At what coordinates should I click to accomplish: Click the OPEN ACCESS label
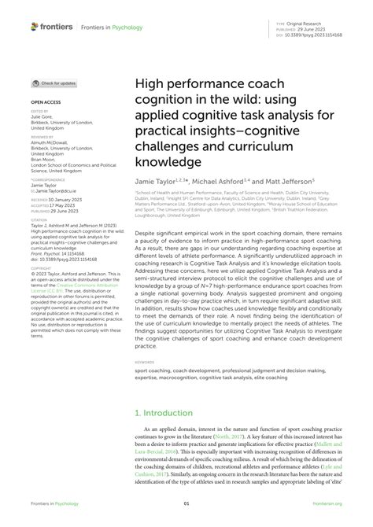[x=46, y=101]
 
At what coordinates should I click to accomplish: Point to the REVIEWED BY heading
[x=42, y=135]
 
